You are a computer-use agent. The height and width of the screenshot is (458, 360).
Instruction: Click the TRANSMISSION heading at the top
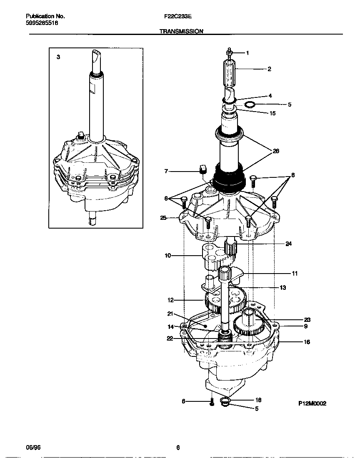(x=181, y=31)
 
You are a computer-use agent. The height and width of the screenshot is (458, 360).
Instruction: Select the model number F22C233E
(x=178, y=17)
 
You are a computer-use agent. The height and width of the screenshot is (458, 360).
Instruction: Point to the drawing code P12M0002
(x=312, y=403)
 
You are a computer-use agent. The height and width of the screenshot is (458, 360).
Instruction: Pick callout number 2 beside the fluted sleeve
(x=269, y=69)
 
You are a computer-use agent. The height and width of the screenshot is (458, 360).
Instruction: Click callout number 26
(x=275, y=151)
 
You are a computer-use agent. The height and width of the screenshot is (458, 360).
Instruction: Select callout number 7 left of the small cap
(x=166, y=171)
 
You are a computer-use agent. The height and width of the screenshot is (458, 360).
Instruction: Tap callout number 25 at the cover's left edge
(x=164, y=217)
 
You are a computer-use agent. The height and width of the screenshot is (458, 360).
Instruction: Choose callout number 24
(x=288, y=244)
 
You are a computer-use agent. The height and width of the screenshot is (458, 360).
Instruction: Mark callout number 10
(x=167, y=256)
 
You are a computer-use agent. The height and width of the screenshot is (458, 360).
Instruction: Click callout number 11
(x=295, y=274)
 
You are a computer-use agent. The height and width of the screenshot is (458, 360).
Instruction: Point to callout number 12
(x=170, y=300)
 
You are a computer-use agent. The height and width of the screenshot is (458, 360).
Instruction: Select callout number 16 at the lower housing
(x=306, y=342)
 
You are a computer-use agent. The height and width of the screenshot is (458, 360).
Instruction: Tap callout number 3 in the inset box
(x=58, y=57)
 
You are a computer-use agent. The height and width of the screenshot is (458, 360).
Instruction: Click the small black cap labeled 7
(x=203, y=169)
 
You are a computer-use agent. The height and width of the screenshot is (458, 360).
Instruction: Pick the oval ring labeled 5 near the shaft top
(x=250, y=104)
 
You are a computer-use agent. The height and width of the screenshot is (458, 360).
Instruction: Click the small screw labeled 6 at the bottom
(x=212, y=402)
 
